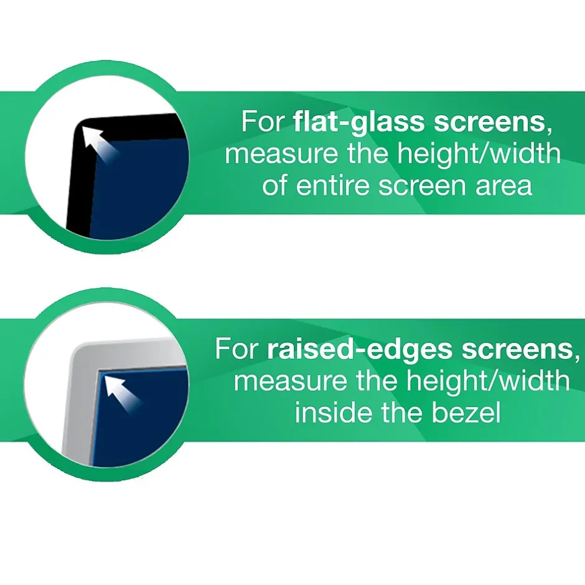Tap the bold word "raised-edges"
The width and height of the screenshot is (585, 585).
pyautogui.click(x=360, y=350)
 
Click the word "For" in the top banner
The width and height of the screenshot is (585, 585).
pyautogui.click(x=262, y=121)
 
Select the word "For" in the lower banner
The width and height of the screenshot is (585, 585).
pyautogui.click(x=236, y=350)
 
